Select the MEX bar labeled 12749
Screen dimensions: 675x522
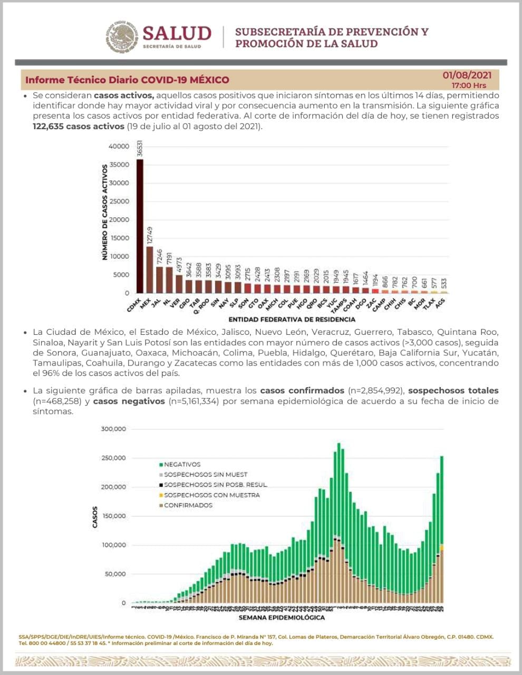tap(150, 269)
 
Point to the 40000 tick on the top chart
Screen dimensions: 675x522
tap(119, 146)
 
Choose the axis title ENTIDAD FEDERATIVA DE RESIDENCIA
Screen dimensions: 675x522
tap(292, 319)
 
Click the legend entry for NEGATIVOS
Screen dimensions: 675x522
tap(182, 465)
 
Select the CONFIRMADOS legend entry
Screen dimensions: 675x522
tap(188, 505)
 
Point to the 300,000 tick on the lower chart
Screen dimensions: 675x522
tap(113, 429)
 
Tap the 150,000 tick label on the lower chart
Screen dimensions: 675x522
tap(113, 516)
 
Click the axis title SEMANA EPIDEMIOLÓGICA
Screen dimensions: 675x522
tap(282, 617)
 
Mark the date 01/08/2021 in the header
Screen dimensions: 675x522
tap(467, 75)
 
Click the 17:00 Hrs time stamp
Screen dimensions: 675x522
tap(469, 85)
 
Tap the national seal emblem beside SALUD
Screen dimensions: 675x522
tap(122, 37)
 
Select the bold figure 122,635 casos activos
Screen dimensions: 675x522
tap(78, 127)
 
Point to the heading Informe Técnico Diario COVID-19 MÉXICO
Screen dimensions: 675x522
tap(127, 80)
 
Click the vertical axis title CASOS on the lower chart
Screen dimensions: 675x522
tap(95, 517)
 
